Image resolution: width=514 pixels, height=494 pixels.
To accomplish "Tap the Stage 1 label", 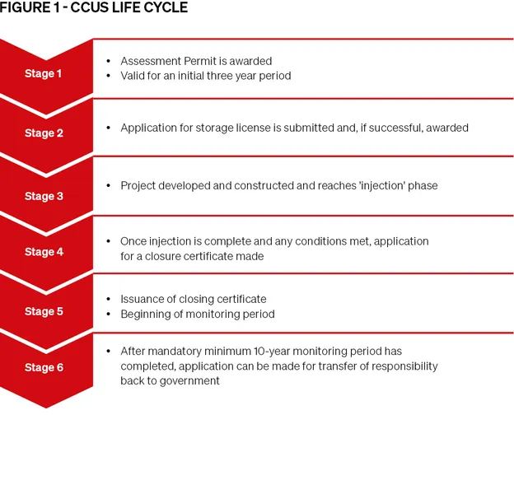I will tap(44, 73).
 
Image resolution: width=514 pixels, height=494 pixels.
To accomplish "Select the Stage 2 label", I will tap(44, 133).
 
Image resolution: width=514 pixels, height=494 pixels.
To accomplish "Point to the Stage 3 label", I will tap(44, 196).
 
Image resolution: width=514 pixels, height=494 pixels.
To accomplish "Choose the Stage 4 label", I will tap(44, 252).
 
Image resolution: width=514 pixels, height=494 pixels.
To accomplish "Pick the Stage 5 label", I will tap(44, 311).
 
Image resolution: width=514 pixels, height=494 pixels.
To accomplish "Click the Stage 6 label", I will tap(44, 367).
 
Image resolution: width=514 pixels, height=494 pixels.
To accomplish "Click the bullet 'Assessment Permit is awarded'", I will tap(196, 61).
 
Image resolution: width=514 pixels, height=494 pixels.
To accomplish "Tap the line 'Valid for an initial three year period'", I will tap(205, 76).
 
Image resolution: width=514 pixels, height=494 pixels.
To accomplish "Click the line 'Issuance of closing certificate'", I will tap(194, 299).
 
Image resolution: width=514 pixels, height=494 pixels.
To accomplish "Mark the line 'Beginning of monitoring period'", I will tap(198, 314).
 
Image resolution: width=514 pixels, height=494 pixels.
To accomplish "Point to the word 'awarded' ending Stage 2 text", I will tap(447, 128).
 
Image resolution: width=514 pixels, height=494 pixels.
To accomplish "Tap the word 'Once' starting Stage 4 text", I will tap(133, 241).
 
